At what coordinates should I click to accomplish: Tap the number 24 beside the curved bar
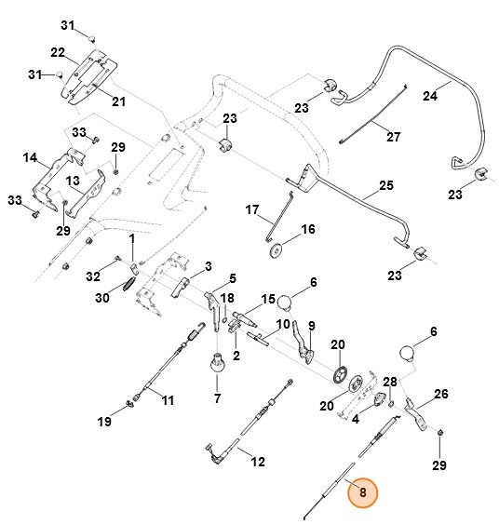[430, 95]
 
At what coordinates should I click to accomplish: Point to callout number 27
[393, 137]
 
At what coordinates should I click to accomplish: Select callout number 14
[31, 158]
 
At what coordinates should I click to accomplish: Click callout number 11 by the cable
[168, 400]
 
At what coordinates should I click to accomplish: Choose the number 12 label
[258, 460]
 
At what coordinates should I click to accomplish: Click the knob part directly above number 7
[218, 361]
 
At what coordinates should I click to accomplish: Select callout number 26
[440, 394]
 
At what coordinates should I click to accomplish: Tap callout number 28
[391, 382]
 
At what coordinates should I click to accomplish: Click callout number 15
[268, 299]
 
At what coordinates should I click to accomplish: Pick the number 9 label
[312, 325]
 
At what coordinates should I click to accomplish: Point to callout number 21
[118, 101]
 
